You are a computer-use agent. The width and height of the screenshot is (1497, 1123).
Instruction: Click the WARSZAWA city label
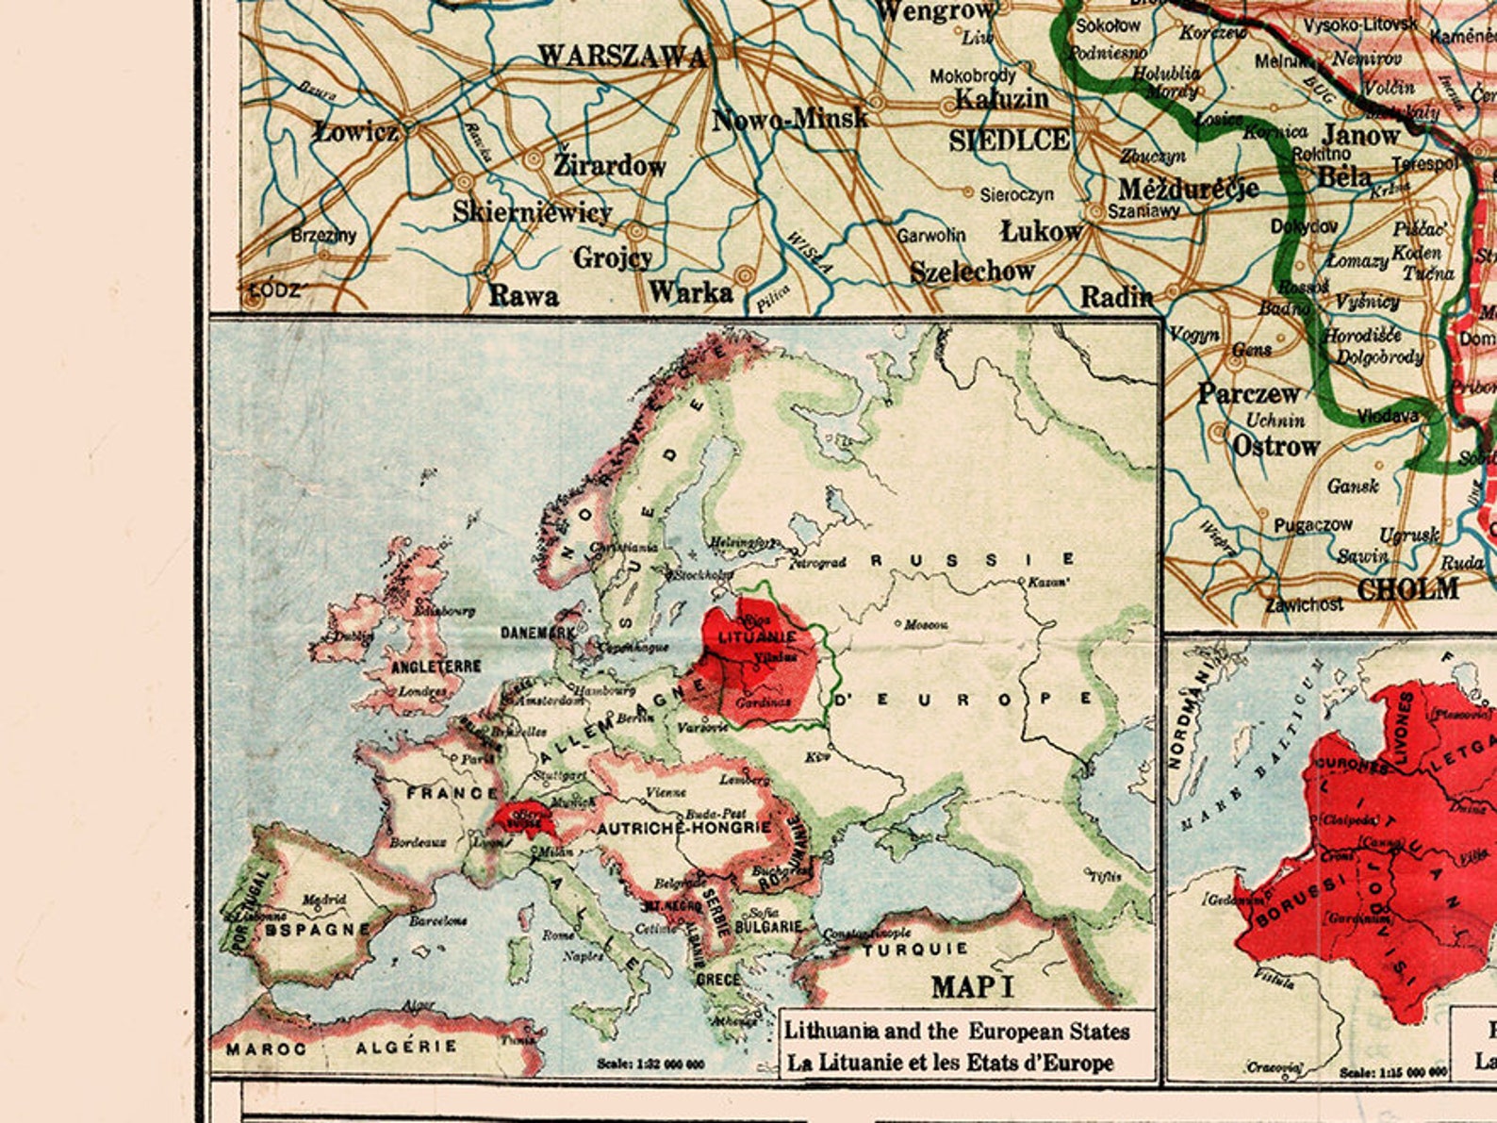point(622,57)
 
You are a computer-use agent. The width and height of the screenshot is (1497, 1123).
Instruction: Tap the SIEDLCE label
point(1009,140)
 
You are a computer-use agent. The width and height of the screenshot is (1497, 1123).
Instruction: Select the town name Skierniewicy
point(533,211)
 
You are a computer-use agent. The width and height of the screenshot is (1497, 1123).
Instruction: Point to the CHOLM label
point(1408,590)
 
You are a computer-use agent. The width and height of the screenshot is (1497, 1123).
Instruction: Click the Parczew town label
point(1248,393)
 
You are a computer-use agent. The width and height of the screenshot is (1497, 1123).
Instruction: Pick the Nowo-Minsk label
point(790,120)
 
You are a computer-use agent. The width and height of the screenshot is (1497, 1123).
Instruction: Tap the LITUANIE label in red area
point(756,636)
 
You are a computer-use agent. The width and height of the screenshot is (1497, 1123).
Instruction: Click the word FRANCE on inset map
point(452,794)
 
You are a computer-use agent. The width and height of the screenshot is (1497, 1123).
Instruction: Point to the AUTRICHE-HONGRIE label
point(685,828)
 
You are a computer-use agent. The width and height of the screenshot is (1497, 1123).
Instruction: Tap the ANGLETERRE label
point(436,667)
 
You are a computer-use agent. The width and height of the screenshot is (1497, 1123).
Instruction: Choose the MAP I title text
point(973,987)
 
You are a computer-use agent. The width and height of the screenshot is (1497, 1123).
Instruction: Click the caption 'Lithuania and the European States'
point(957,1031)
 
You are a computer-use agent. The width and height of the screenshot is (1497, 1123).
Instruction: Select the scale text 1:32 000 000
point(650,1064)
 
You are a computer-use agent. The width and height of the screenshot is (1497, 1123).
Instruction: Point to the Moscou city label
point(926,625)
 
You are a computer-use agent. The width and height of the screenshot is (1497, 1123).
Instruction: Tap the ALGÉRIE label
point(406,1047)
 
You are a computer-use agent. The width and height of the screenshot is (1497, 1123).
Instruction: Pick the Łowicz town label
point(356,131)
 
